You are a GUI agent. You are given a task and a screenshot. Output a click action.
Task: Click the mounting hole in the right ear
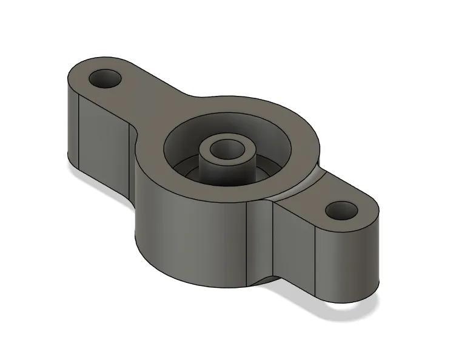point(342,211)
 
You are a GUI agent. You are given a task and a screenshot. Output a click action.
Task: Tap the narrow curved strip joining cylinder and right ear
point(261,243)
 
